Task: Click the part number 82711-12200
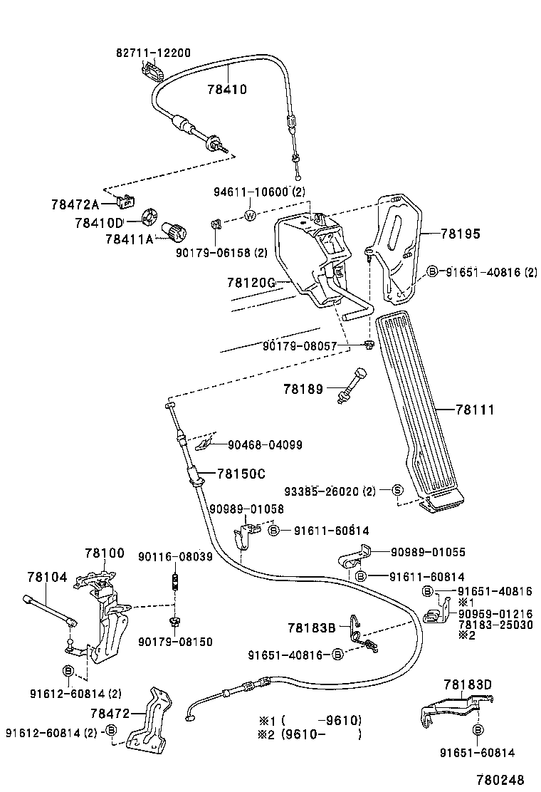(x=153, y=53)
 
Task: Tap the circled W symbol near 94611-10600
(x=250, y=217)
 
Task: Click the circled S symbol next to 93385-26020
(x=397, y=490)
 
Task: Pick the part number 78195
(x=460, y=233)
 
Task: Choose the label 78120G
(x=251, y=283)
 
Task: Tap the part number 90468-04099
(x=265, y=445)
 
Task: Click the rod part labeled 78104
(x=50, y=610)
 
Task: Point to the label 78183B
(x=311, y=627)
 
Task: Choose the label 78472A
(x=75, y=205)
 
